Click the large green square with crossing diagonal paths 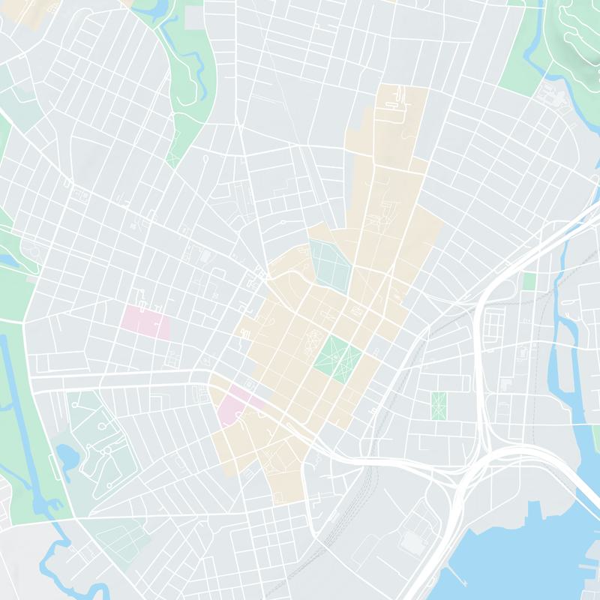337,359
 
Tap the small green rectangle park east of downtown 438,405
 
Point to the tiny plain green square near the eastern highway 529,281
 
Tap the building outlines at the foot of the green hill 551,95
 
